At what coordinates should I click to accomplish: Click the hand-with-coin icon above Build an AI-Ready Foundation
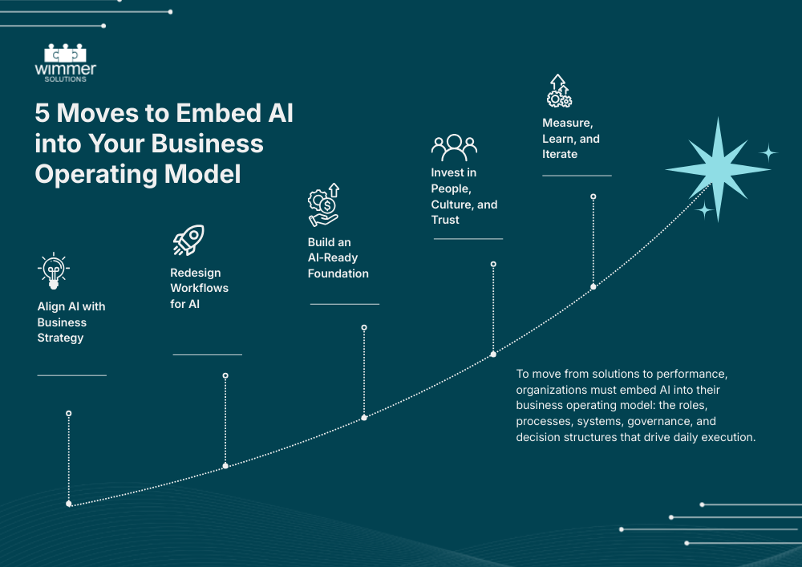coord(324,206)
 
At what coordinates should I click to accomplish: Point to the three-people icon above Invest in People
coord(454,147)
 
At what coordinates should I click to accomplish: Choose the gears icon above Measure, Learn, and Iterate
coord(558,91)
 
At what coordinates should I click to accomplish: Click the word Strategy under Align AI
coord(61,338)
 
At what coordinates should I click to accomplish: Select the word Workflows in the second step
coord(199,288)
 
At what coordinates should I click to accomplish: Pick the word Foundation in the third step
coord(338,273)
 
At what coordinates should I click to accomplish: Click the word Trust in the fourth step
coord(446,220)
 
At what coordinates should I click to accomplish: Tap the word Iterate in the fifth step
coord(560,154)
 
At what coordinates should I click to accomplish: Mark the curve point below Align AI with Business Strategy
coord(69,504)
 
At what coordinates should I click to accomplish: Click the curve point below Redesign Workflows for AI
coord(225,465)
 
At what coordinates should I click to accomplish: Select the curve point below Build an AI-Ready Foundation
coord(364,418)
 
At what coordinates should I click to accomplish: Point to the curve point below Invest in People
coord(493,354)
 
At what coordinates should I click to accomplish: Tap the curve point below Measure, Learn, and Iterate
coord(593,286)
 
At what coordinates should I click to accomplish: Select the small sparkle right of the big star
coord(768,152)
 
